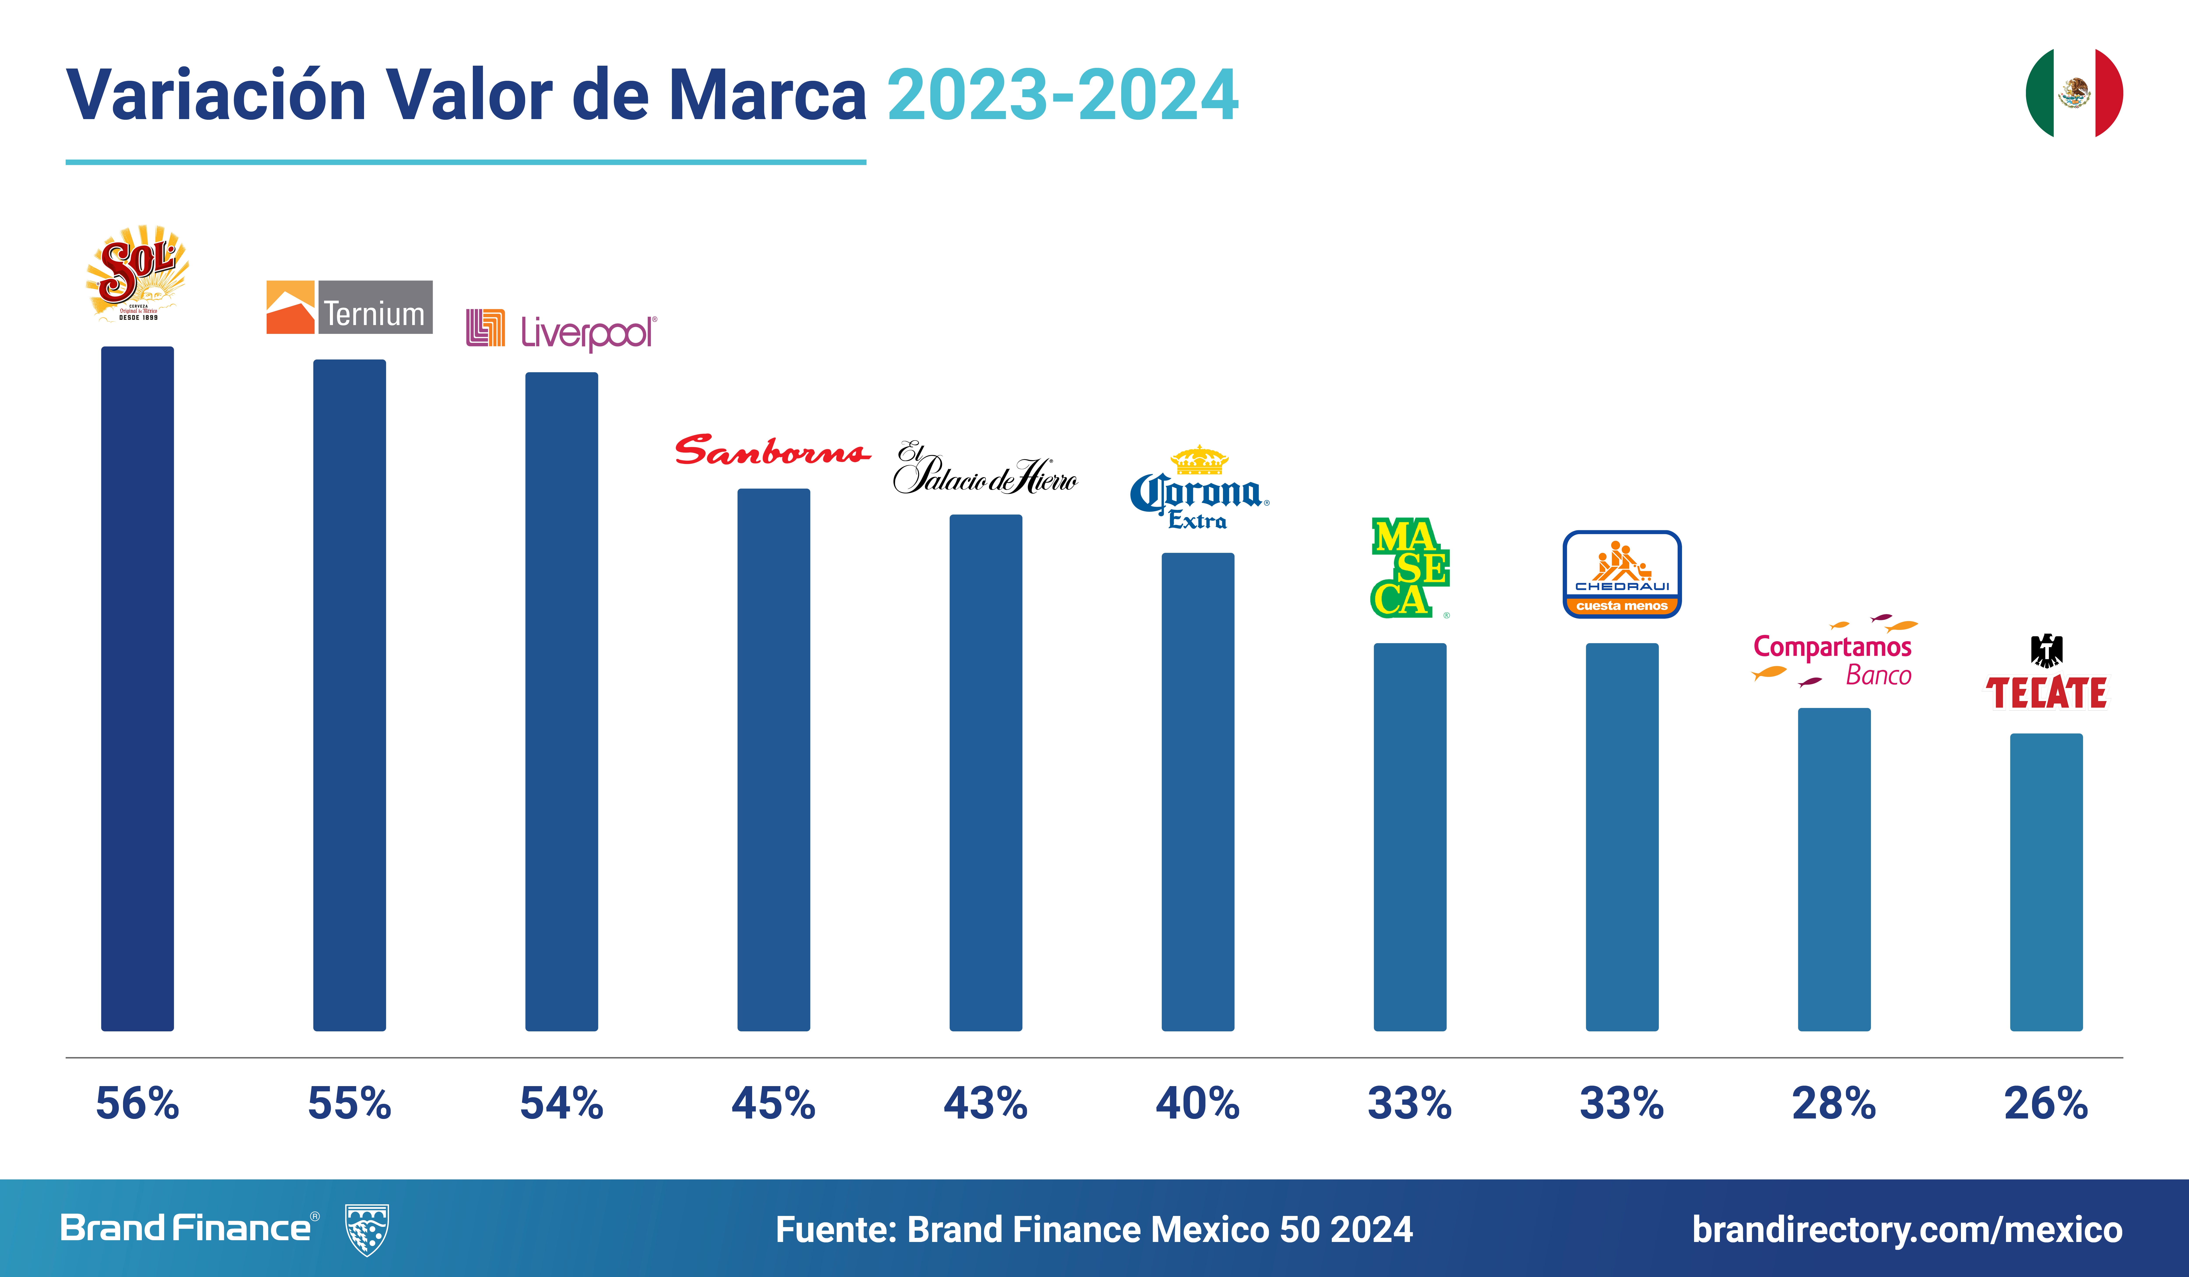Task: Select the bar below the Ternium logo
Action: tap(349, 695)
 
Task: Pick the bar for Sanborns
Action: tap(773, 760)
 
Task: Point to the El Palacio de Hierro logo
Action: tap(985, 469)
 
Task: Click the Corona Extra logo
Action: tap(1199, 488)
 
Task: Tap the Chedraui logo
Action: tap(1622, 574)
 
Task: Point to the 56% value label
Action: tap(137, 1103)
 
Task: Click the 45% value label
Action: tap(773, 1103)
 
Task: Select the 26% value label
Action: tap(2046, 1103)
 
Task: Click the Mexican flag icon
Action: tap(2074, 93)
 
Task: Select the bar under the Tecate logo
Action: tap(2046, 882)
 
